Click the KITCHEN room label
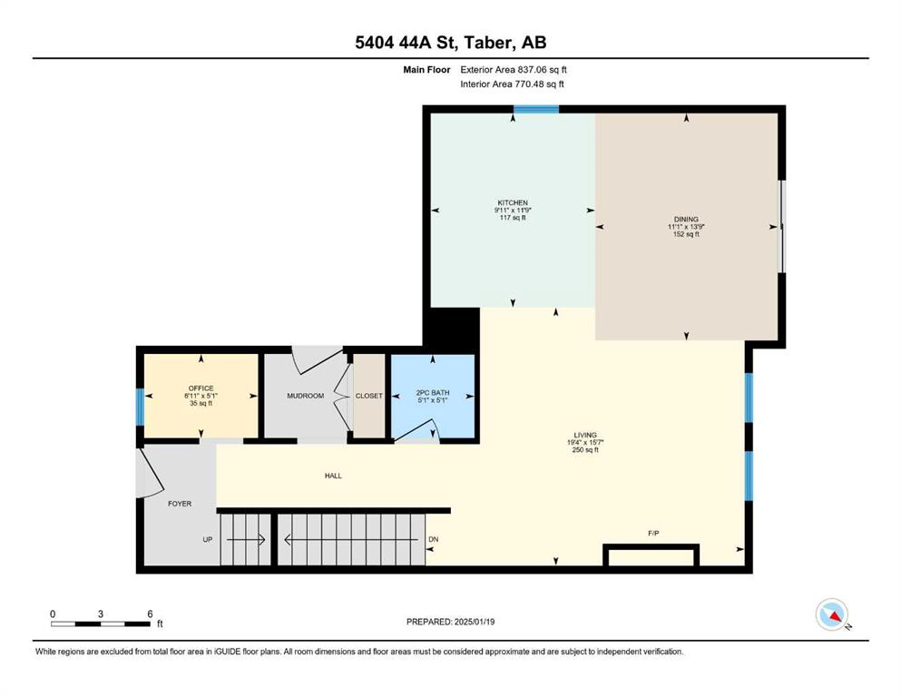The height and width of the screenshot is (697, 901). (513, 202)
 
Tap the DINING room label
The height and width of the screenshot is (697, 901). (686, 219)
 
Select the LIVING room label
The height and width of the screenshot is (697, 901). (585, 435)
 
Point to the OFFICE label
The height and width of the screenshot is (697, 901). (201, 388)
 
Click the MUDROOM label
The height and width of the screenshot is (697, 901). (305, 396)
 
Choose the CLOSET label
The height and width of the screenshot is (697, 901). (369, 396)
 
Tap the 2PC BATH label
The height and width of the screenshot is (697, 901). (433, 393)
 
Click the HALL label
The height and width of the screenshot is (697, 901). (333, 476)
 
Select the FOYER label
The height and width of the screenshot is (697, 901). (180, 504)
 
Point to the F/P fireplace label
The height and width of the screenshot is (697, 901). (653, 534)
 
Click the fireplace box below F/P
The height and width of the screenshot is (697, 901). (651, 555)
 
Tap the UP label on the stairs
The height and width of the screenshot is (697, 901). (208, 540)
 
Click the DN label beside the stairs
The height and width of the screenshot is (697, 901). (434, 539)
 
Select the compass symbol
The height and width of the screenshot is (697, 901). (832, 614)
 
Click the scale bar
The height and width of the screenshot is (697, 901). (101, 624)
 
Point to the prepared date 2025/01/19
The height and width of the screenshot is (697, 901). (474, 622)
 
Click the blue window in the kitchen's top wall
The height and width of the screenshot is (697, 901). (535, 109)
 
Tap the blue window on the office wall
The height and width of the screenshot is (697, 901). (140, 407)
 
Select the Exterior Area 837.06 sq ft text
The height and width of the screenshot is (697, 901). (514, 70)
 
